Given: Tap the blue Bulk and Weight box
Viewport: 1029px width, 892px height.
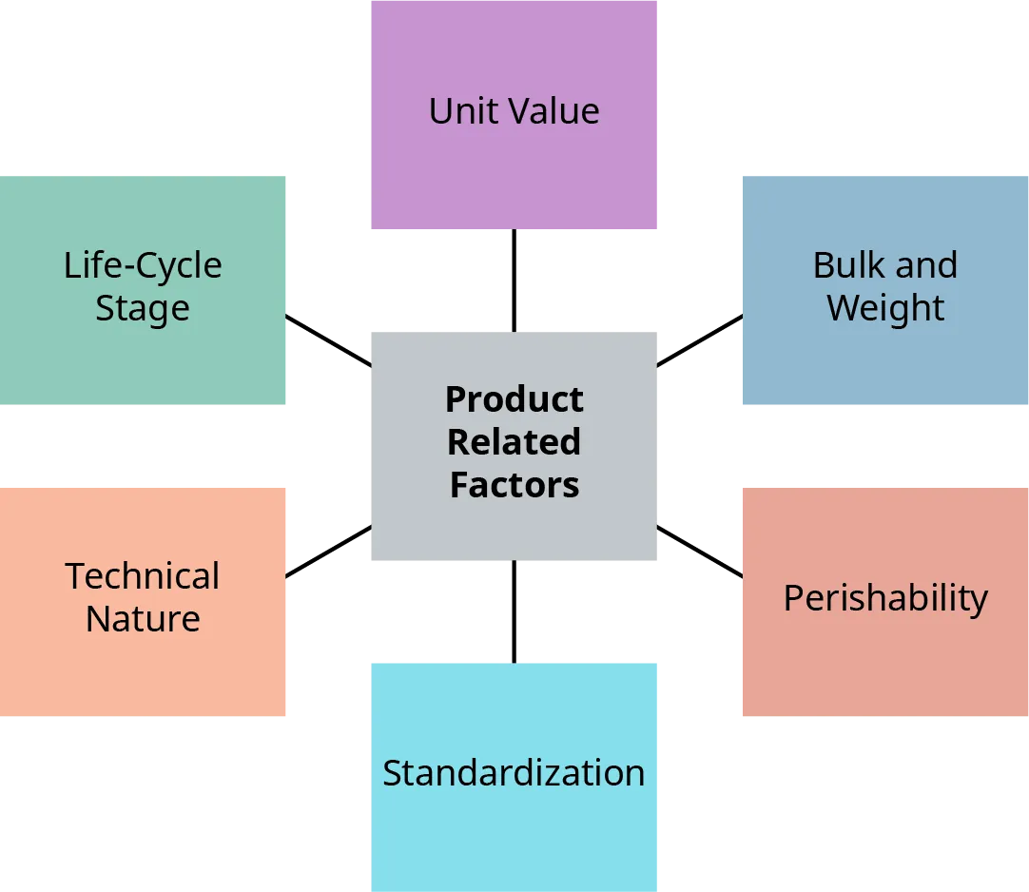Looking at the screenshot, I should coord(884,361).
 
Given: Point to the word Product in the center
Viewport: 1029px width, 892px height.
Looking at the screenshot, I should coord(514,399).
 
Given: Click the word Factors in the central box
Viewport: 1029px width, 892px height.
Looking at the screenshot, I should coord(514,485).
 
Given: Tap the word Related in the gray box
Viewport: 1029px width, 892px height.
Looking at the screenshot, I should coord(514,442).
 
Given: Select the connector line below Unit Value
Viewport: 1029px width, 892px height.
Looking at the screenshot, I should coord(514,281).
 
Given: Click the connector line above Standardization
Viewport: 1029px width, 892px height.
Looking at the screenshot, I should coord(514,611).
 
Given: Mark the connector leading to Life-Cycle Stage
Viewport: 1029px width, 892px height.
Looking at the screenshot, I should coord(328,339).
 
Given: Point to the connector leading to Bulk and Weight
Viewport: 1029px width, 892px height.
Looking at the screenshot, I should coord(699,339).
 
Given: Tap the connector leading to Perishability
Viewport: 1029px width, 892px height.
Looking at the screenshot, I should coord(699,551).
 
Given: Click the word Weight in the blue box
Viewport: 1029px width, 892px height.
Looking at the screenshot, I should coord(885,308).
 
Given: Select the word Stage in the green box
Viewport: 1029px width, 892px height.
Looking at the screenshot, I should coord(143,309).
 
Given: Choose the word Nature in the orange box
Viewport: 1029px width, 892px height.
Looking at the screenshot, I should coord(143,619).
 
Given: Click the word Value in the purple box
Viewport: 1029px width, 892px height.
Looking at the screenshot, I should coord(557,111).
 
